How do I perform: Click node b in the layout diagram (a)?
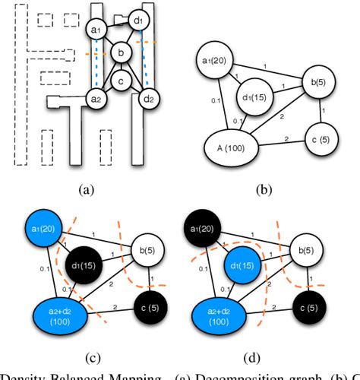(x=120, y=52)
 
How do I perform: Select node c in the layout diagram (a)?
(x=120, y=81)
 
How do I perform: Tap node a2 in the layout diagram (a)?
(x=96, y=100)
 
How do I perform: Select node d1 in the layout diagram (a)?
(x=138, y=19)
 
